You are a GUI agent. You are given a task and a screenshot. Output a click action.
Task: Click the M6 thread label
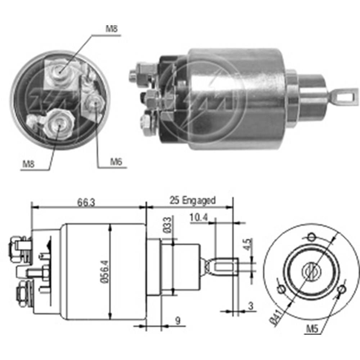(x=116, y=162)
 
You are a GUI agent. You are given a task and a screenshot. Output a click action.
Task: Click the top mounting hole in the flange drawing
(x=312, y=237)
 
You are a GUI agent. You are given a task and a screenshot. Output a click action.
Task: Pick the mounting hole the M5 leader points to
(x=342, y=289)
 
